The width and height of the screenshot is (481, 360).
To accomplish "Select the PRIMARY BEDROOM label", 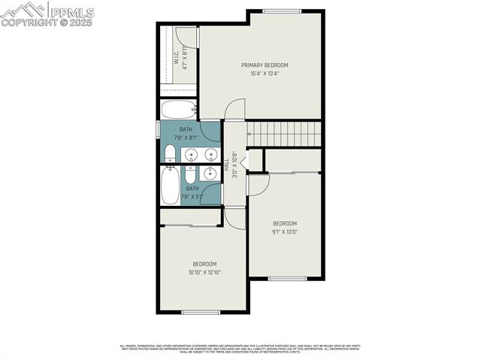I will pyautogui.click(x=264, y=65).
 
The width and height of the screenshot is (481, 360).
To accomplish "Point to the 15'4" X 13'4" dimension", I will pyautogui.click(x=264, y=74).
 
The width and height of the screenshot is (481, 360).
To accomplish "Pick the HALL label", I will pyautogui.click(x=228, y=165).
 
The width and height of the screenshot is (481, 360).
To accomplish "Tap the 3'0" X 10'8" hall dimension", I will pyautogui.click(x=235, y=165).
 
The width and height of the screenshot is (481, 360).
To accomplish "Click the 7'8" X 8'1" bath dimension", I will pyautogui.click(x=186, y=138).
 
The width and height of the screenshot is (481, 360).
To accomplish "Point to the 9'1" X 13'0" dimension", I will pyautogui.click(x=284, y=231).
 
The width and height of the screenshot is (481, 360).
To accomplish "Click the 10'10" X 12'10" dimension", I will pyautogui.click(x=204, y=272).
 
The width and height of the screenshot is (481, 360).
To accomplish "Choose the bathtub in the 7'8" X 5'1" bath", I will pyautogui.click(x=170, y=186).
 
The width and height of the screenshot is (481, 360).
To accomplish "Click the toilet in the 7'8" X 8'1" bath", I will pyautogui.click(x=169, y=155).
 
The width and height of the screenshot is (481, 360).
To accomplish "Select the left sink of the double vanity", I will pyautogui.click(x=192, y=156).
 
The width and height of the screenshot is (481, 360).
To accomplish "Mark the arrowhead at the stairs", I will pyautogui.click(x=249, y=135).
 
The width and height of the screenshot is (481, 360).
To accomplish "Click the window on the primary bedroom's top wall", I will pyautogui.click(x=283, y=11).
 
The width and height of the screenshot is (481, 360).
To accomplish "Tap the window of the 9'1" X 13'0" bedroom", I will pyautogui.click(x=287, y=279).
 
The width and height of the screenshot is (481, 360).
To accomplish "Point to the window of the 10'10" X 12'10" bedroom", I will pyautogui.click(x=201, y=312).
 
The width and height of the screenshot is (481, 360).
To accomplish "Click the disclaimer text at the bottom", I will pyautogui.click(x=240, y=348).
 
